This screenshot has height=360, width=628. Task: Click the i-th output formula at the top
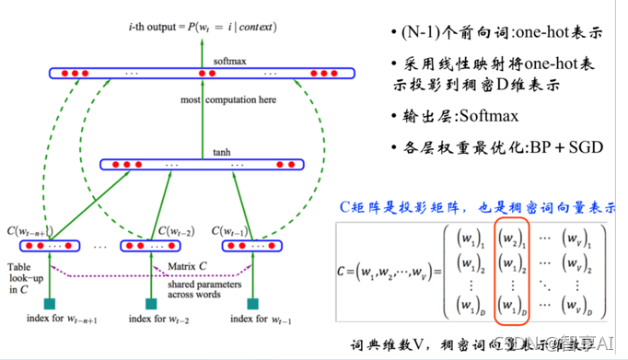click(x=203, y=28)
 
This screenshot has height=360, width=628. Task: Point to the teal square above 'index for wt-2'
click(x=151, y=304)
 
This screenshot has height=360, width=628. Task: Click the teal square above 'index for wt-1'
click(x=252, y=304)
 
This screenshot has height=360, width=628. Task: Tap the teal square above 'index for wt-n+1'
click(x=50, y=304)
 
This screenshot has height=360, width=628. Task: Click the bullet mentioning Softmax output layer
click(x=460, y=116)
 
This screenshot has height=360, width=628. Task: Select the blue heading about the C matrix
click(x=479, y=208)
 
